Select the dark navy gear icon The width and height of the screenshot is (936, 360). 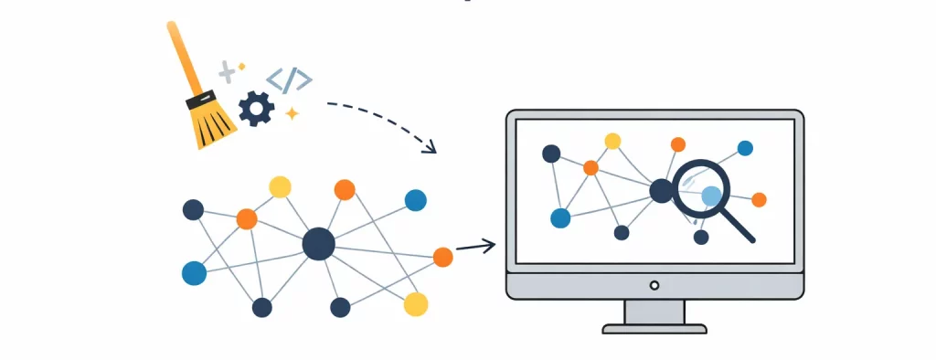click(256, 109)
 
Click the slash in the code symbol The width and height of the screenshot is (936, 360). click(289, 80)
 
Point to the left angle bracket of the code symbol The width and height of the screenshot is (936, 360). click(273, 79)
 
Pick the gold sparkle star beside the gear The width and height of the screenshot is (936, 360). click(292, 113)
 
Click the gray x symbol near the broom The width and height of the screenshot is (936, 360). click(226, 71)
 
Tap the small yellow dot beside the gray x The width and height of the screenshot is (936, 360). click(241, 66)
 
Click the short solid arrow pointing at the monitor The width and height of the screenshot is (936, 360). click(475, 245)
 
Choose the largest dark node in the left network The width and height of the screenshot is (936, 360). click(318, 244)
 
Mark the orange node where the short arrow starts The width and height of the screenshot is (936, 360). click(442, 257)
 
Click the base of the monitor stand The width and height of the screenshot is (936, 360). click(654, 328)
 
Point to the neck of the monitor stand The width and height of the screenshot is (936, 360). click(654, 311)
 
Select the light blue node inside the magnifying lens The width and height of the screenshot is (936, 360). click(711, 195)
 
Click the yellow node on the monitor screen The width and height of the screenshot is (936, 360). click(612, 141)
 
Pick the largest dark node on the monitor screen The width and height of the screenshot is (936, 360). click(661, 191)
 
